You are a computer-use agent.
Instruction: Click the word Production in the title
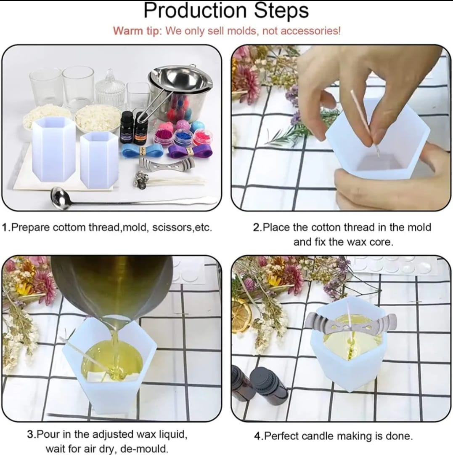(195, 11)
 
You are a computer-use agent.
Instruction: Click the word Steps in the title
(281, 11)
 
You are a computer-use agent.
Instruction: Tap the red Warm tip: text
(137, 31)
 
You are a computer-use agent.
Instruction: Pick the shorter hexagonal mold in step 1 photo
(99, 159)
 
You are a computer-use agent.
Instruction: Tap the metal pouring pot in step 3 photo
(114, 282)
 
